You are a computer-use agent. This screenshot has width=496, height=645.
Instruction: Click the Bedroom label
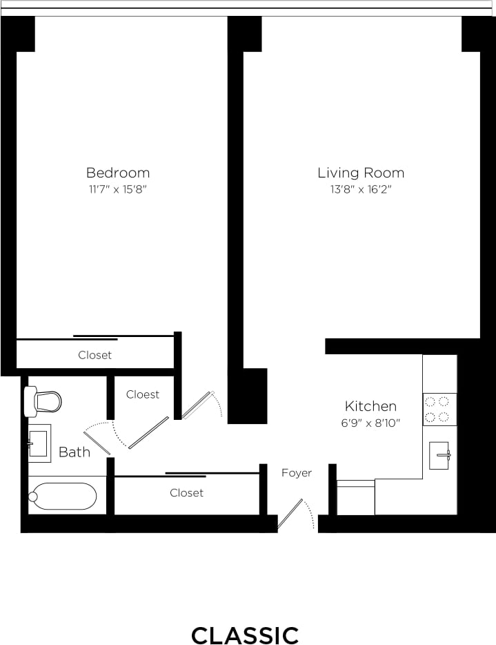tap(117, 173)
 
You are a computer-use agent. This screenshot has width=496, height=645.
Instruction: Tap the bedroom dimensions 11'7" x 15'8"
tap(117, 189)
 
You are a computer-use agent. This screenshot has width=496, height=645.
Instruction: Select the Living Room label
tap(361, 173)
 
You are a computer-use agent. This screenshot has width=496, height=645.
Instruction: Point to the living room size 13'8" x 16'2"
tap(361, 189)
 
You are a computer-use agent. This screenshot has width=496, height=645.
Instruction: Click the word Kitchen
tap(370, 406)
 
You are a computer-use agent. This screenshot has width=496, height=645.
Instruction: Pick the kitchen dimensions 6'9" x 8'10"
tap(370, 423)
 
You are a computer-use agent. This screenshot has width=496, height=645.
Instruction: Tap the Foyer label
tap(297, 473)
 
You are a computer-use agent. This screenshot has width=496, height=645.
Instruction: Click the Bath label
tap(75, 452)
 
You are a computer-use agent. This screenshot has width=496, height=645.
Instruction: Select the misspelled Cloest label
tap(143, 394)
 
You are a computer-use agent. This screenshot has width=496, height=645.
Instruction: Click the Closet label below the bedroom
tap(95, 355)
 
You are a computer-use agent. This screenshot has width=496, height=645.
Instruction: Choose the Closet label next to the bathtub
tap(186, 492)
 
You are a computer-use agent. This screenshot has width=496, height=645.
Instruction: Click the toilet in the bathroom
tap(43, 401)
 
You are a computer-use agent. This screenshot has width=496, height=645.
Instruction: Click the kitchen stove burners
tap(439, 409)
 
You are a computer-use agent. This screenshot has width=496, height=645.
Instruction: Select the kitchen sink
tap(439, 455)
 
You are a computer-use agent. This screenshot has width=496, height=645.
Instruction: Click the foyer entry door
tap(290, 514)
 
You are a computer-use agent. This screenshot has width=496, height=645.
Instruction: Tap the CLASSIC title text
tap(245, 635)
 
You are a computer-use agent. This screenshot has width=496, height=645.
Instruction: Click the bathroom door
tap(97, 443)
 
